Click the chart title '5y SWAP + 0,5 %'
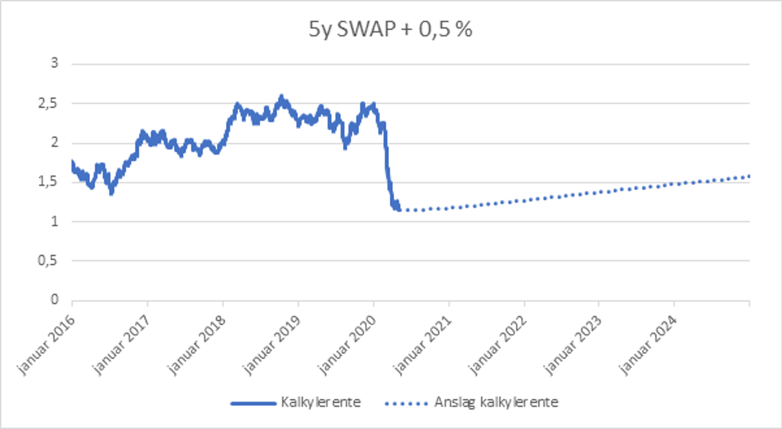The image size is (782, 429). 391,30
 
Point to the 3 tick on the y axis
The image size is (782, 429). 55,64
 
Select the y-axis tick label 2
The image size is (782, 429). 55,143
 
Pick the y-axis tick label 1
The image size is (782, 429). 55,222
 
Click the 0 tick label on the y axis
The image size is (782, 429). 55,301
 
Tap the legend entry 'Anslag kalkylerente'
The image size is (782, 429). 495,402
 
